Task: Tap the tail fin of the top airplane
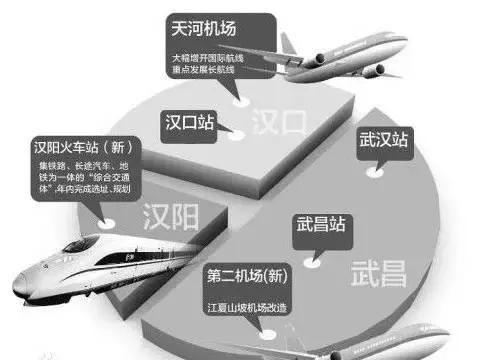click(x=290, y=43)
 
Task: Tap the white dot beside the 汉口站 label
click(x=236, y=132)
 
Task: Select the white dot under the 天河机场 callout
click(x=240, y=100)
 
